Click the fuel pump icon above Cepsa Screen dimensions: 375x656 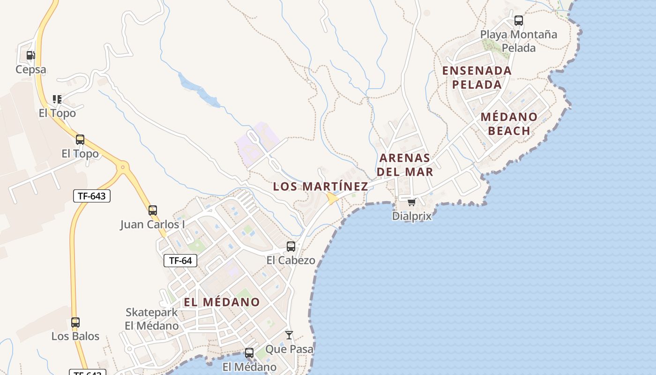pos(31,55)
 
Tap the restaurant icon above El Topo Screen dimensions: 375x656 pos(57,99)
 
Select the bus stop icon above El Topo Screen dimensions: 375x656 pos(80,140)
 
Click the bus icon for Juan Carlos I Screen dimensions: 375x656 pos(153,210)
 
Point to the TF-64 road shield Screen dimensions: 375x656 pos(180,261)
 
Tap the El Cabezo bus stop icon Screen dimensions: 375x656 pos(291,246)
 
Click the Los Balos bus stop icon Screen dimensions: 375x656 pos(75,322)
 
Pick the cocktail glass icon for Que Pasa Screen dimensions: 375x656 pos(289,335)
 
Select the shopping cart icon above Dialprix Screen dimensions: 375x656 pos(411,202)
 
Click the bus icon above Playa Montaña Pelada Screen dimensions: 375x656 pos(518,21)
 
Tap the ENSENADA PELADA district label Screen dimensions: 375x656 pos(477,77)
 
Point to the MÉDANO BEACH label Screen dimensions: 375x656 pos(509,124)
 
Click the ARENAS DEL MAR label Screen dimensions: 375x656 pos(405,165)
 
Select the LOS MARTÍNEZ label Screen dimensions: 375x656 pos(321,187)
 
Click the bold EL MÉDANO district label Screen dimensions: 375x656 pos(222,302)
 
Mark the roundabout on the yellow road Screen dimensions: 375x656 pos(123,166)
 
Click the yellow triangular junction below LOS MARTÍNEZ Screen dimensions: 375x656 pos(332,199)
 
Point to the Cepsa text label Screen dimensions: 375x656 pos(31,70)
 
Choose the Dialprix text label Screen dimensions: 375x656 pos(412,216)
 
